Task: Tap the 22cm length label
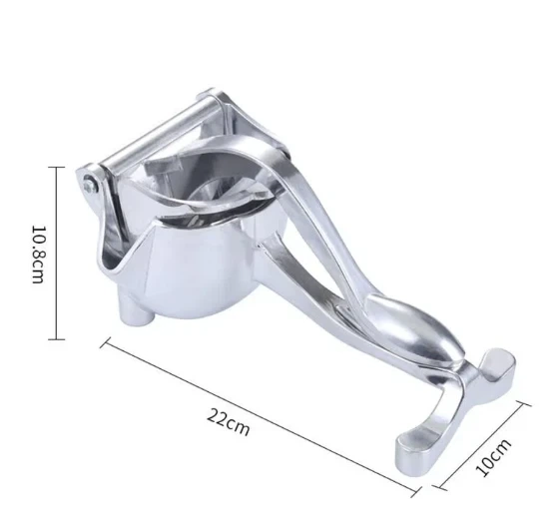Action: tap(229, 422)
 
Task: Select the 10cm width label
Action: tap(493, 457)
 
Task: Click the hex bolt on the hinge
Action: tap(91, 184)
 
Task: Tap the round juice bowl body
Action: tap(199, 269)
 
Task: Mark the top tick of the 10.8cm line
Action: tap(56, 167)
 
